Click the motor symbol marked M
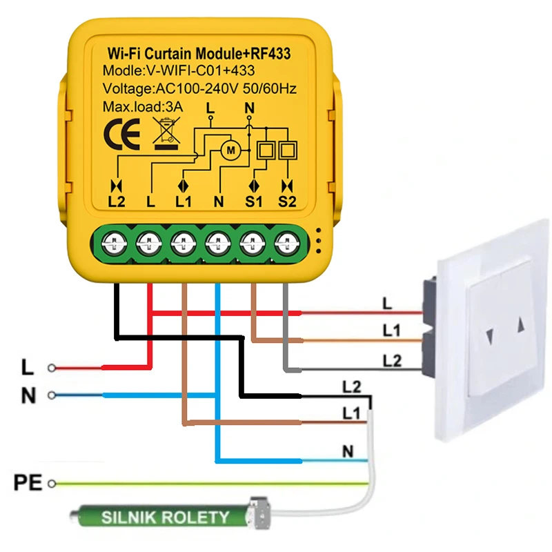(230, 148)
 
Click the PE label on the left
(28, 480)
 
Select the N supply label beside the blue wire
(28, 395)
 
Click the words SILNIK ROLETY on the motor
(165, 517)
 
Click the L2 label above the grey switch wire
(391, 359)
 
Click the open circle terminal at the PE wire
(50, 484)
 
